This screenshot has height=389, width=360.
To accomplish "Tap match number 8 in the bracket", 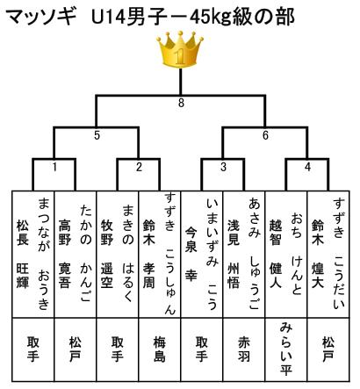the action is coord(181,103).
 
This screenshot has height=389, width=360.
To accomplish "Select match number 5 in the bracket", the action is coord(97,135).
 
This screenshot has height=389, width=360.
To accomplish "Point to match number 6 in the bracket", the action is coord(265,135).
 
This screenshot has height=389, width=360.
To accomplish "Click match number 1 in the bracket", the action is coord(54,167).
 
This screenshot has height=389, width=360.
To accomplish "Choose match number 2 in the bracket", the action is coord(139,167).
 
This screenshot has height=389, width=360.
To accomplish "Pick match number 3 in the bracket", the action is coord(223,167).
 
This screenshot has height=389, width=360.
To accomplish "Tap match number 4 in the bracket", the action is coord(307,167).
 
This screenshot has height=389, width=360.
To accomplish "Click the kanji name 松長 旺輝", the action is coord(23,254).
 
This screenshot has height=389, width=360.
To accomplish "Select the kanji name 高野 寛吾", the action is coord(65,254).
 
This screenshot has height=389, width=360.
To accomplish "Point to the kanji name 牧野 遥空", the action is coord(107,254).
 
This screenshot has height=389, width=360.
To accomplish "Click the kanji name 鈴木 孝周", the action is coord(149,254).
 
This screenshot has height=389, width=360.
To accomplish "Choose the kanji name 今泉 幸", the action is coord(191,254).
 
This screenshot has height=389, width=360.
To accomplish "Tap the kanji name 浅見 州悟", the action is coord(234,254).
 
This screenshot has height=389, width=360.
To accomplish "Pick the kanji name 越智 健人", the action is coord(276,254).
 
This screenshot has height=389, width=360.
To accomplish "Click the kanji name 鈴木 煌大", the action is coord(318,254).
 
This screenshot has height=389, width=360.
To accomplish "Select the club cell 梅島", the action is coord(160,349).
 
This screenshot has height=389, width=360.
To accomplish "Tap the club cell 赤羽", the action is coord(244,349).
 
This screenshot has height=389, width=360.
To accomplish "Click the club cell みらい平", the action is coord(286,349).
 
